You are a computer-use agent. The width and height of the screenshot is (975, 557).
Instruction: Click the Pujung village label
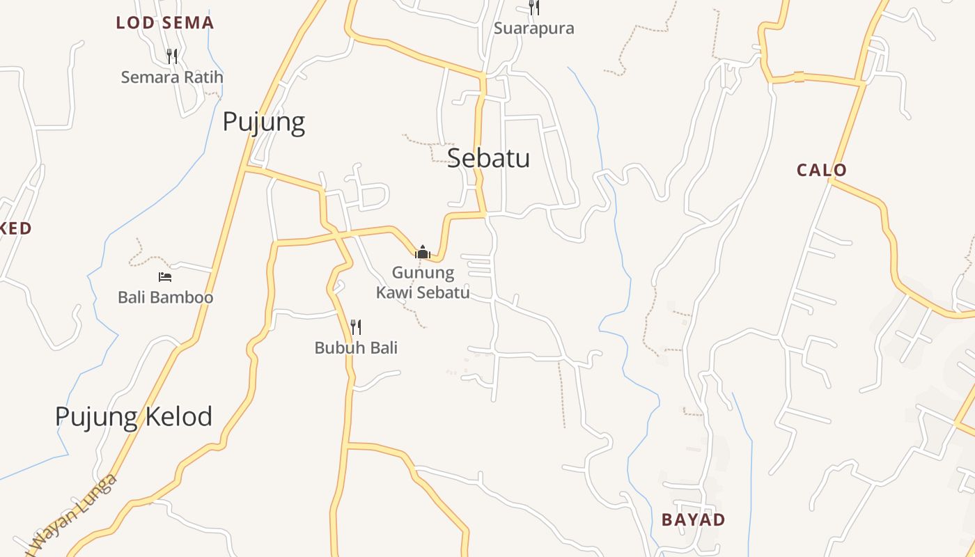(263, 123)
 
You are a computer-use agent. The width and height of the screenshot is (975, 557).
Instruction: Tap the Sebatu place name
(488, 158)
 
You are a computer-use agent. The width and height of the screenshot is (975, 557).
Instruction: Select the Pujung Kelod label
(133, 416)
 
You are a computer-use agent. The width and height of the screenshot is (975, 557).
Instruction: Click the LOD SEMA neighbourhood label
(165, 23)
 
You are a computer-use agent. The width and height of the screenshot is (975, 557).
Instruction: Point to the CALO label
(822, 170)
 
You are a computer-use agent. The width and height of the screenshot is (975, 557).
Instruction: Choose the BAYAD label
(693, 519)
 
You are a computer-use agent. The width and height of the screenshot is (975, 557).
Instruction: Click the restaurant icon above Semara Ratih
(172, 56)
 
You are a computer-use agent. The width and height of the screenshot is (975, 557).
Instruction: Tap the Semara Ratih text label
(172, 77)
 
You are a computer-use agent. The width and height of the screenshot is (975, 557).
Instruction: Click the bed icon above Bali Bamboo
(165, 277)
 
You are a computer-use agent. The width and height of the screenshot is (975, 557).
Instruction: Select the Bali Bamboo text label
(165, 297)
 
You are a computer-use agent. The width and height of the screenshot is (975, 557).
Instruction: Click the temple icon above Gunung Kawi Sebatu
(422, 251)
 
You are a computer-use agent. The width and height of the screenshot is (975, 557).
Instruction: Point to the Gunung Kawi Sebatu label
(423, 282)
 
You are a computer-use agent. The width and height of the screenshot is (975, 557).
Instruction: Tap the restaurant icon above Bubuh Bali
(356, 327)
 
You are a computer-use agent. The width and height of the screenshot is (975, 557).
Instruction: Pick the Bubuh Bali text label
(356, 347)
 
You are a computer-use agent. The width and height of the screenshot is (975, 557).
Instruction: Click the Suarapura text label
(533, 29)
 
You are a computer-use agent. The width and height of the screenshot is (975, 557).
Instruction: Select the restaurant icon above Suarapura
(533, 8)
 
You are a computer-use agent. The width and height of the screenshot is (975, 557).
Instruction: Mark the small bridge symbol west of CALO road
(799, 77)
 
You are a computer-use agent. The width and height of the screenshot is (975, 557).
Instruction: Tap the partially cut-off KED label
(15, 228)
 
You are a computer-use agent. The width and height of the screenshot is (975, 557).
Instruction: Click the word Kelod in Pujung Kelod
(179, 416)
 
